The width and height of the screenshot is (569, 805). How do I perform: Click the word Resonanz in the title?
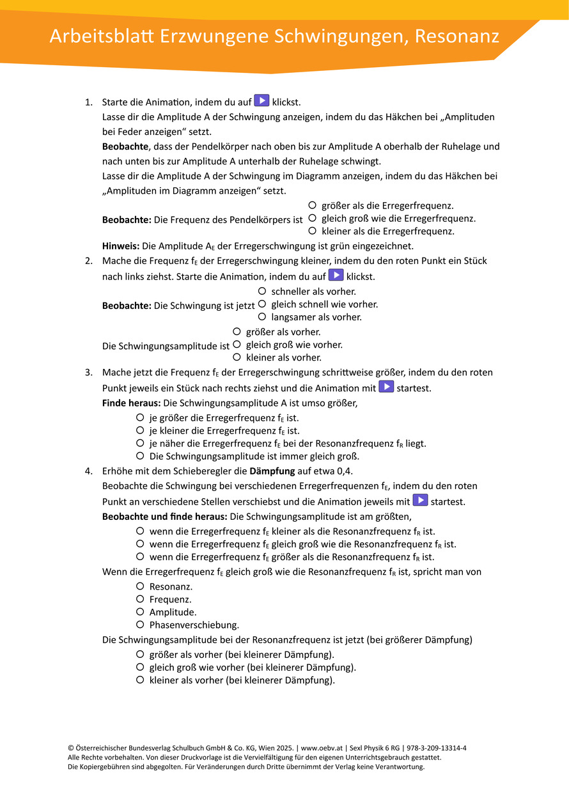pos(456,36)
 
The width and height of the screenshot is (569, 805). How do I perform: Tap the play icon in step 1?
pos(261,100)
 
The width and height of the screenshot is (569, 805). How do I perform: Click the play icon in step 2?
pos(336,276)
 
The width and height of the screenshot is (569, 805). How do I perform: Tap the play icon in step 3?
pos(386,387)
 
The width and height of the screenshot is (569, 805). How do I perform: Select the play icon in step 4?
pos(420,501)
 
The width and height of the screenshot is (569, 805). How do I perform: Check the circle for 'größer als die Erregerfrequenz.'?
pos(312,205)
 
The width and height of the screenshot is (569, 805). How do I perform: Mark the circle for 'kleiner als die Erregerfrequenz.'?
pos(312,231)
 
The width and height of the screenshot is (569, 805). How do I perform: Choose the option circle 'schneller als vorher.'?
pos(262,291)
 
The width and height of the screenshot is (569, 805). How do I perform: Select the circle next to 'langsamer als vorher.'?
pos(262,317)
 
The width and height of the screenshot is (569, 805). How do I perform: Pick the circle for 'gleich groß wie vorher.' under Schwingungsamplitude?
pos(237,345)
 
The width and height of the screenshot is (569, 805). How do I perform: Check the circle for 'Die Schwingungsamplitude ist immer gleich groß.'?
pos(140,456)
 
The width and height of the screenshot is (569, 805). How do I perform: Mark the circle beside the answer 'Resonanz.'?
pos(140,586)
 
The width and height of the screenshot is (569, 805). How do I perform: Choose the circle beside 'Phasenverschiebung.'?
pos(140,625)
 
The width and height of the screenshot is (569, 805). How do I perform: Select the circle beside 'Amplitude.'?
pos(140,612)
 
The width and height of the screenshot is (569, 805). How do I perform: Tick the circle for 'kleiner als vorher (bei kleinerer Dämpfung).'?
pos(140,680)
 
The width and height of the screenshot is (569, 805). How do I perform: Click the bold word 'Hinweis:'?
pos(121,246)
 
